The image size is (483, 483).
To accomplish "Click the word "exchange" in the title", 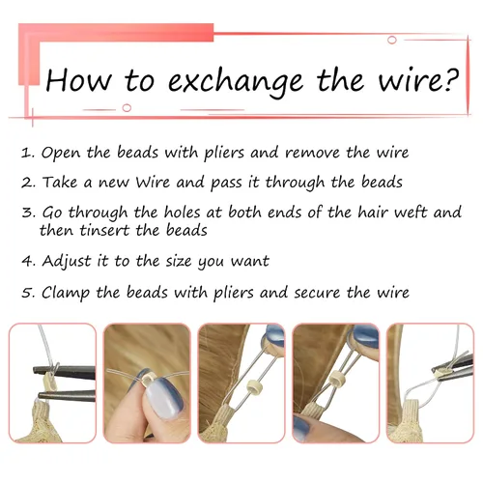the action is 236,82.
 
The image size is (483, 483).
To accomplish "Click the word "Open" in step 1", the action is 61,153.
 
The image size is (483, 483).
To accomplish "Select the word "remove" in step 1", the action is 312,153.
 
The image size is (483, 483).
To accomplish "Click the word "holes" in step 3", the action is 183,213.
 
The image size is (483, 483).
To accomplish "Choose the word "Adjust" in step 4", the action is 67,261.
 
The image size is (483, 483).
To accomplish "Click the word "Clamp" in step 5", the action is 66,293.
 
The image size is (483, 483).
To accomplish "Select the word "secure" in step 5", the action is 317,293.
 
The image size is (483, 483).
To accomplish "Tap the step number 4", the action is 26,261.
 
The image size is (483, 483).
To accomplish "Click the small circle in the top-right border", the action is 392,41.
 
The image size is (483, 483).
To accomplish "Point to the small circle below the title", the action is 127,107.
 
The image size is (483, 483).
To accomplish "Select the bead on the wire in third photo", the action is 252,386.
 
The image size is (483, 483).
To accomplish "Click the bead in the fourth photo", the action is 337,376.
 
